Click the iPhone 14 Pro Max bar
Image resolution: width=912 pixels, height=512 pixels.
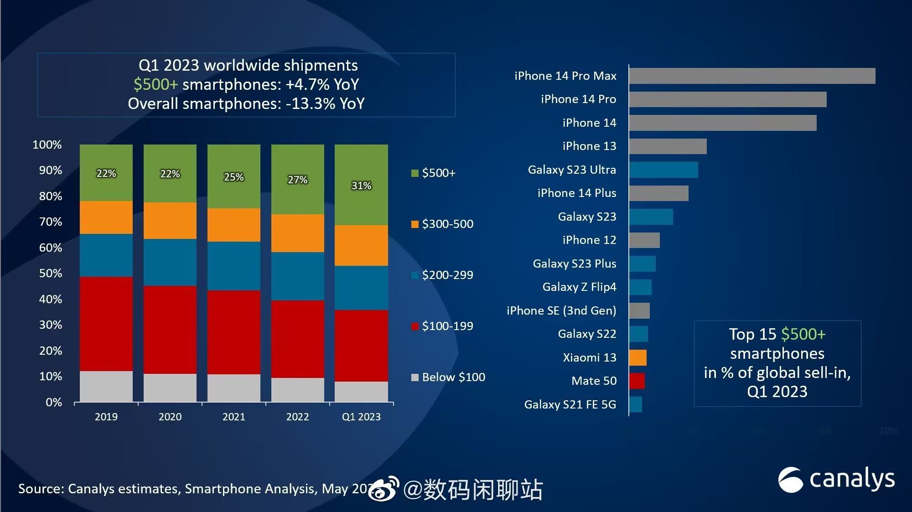tap(751, 76)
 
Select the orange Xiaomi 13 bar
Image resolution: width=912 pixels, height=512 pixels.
tap(637, 357)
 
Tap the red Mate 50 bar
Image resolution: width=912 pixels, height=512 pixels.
tap(637, 381)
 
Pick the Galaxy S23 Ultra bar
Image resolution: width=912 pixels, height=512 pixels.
tap(663, 170)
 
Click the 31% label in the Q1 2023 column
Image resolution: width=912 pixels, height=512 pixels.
tap(361, 186)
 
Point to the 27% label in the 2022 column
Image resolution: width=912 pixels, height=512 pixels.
tap(297, 180)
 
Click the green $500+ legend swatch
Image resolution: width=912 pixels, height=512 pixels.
tap(415, 173)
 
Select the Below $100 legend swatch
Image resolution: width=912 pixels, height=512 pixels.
tap(415, 378)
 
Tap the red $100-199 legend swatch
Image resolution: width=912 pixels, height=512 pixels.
tap(415, 326)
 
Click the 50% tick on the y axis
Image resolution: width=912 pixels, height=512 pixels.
tap(50, 273)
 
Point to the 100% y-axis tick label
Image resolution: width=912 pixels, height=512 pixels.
tap(47, 145)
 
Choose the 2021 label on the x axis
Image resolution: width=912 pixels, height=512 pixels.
tap(233, 417)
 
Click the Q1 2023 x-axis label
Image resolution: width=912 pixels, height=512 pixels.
tap(361, 417)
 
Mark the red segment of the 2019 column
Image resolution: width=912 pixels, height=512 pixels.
tap(106, 324)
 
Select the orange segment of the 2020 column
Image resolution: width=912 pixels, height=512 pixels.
tap(170, 221)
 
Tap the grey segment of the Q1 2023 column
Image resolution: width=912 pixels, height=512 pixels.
tap(361, 392)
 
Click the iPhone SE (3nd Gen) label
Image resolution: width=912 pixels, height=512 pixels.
tap(561, 310)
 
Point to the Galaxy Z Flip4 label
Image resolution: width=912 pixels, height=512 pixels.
tap(579, 287)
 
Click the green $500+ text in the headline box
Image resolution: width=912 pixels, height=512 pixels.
tap(155, 84)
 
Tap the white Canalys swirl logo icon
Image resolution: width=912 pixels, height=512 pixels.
tap(790, 480)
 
